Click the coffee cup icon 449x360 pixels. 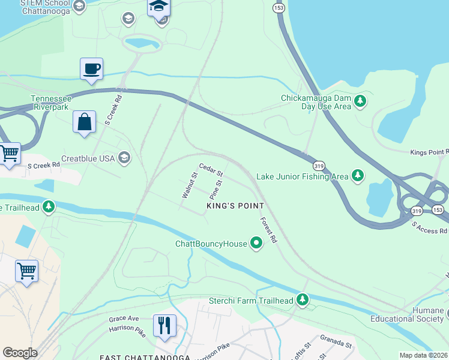91,68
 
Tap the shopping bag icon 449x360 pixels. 84,122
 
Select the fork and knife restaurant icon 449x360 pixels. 164,325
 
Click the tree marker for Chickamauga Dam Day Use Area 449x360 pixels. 360,101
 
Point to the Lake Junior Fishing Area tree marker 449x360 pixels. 358,175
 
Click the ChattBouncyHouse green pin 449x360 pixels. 256,243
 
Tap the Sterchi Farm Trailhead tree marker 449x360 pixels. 303,299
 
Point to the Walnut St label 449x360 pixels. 190,185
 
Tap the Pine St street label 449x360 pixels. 215,190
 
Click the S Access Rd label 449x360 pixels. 429,227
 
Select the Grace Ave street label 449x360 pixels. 124,318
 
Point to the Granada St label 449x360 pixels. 335,344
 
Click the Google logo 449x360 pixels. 20,353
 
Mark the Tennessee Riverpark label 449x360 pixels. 51,103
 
